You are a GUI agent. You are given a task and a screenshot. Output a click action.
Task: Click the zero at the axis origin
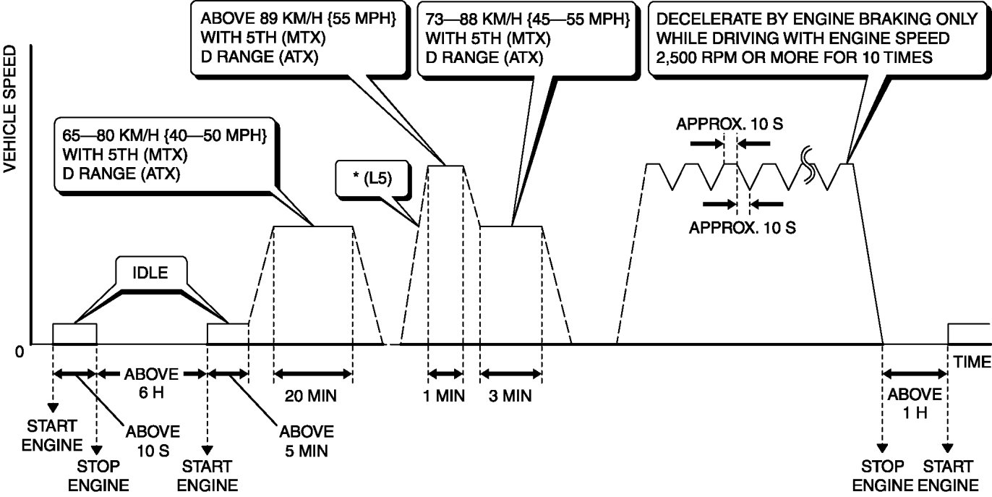pyautogui.click(x=20, y=352)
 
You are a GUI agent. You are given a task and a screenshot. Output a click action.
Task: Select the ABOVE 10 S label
pyautogui.click(x=153, y=442)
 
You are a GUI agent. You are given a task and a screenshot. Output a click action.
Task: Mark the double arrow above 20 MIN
pyautogui.click(x=313, y=374)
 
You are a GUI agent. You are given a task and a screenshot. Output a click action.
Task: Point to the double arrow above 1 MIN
pyautogui.click(x=445, y=374)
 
